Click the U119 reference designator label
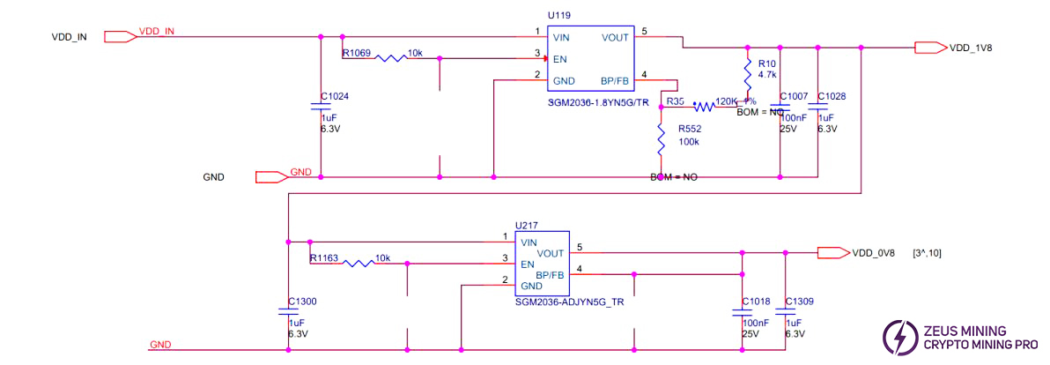click(558, 15)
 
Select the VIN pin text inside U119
click(561, 37)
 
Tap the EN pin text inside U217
click(528, 263)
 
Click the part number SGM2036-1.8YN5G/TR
click(598, 103)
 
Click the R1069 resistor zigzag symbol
click(391, 58)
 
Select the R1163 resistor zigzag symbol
click(359, 263)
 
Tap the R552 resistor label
click(690, 128)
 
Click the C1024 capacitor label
click(336, 96)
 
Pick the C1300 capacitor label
click(302, 302)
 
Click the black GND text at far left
click(213, 177)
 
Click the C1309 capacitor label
click(799, 302)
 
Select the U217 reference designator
click(527, 226)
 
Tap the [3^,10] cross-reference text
click(928, 253)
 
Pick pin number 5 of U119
click(645, 32)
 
